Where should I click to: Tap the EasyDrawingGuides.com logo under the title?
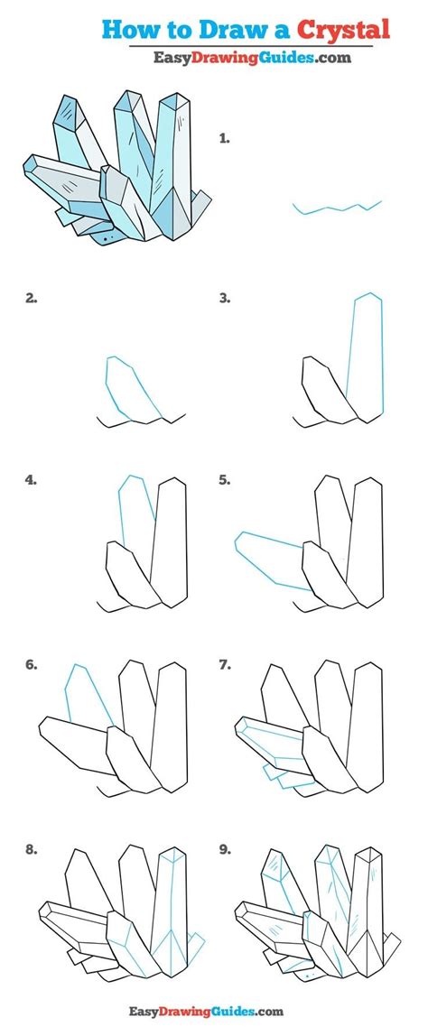click(x=253, y=58)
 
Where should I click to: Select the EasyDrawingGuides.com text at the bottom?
click(x=207, y=1011)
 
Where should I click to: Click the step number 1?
click(x=224, y=138)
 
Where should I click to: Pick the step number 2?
click(x=31, y=298)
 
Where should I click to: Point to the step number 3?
click(x=225, y=298)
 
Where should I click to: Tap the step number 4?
click(x=31, y=480)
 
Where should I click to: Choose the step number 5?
click(x=225, y=480)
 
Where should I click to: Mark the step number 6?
click(x=31, y=665)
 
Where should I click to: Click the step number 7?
click(x=225, y=665)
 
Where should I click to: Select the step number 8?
click(x=31, y=850)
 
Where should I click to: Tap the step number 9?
click(x=225, y=850)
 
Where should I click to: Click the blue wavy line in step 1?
click(x=338, y=208)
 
